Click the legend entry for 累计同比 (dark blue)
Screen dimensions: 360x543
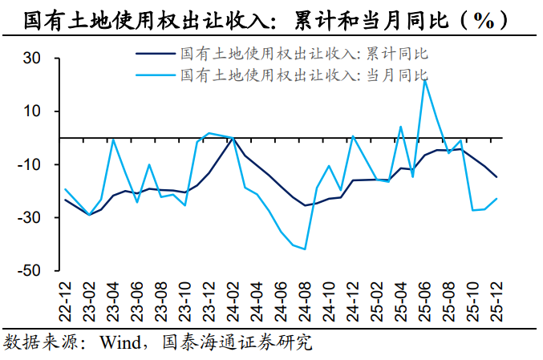pyautogui.click(x=304, y=55)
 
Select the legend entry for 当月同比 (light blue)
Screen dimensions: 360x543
pyautogui.click(x=304, y=75)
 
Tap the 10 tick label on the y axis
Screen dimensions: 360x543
pyautogui.click(x=32, y=111)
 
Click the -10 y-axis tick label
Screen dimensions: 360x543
pyautogui.click(x=29, y=165)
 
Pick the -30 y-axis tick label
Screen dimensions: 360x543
pyautogui.click(x=29, y=218)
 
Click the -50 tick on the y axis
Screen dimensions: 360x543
pyautogui.click(x=29, y=271)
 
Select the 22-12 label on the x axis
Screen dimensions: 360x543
pyautogui.click(x=65, y=299)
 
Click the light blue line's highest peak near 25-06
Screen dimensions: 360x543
pyautogui.click(x=424, y=79)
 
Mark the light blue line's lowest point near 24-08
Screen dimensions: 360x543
pyautogui.click(x=305, y=249)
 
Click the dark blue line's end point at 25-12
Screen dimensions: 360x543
pyautogui.click(x=496, y=176)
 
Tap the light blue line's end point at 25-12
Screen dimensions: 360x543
pyautogui.click(x=496, y=199)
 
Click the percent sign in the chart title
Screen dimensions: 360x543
pyautogui.click(x=483, y=20)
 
